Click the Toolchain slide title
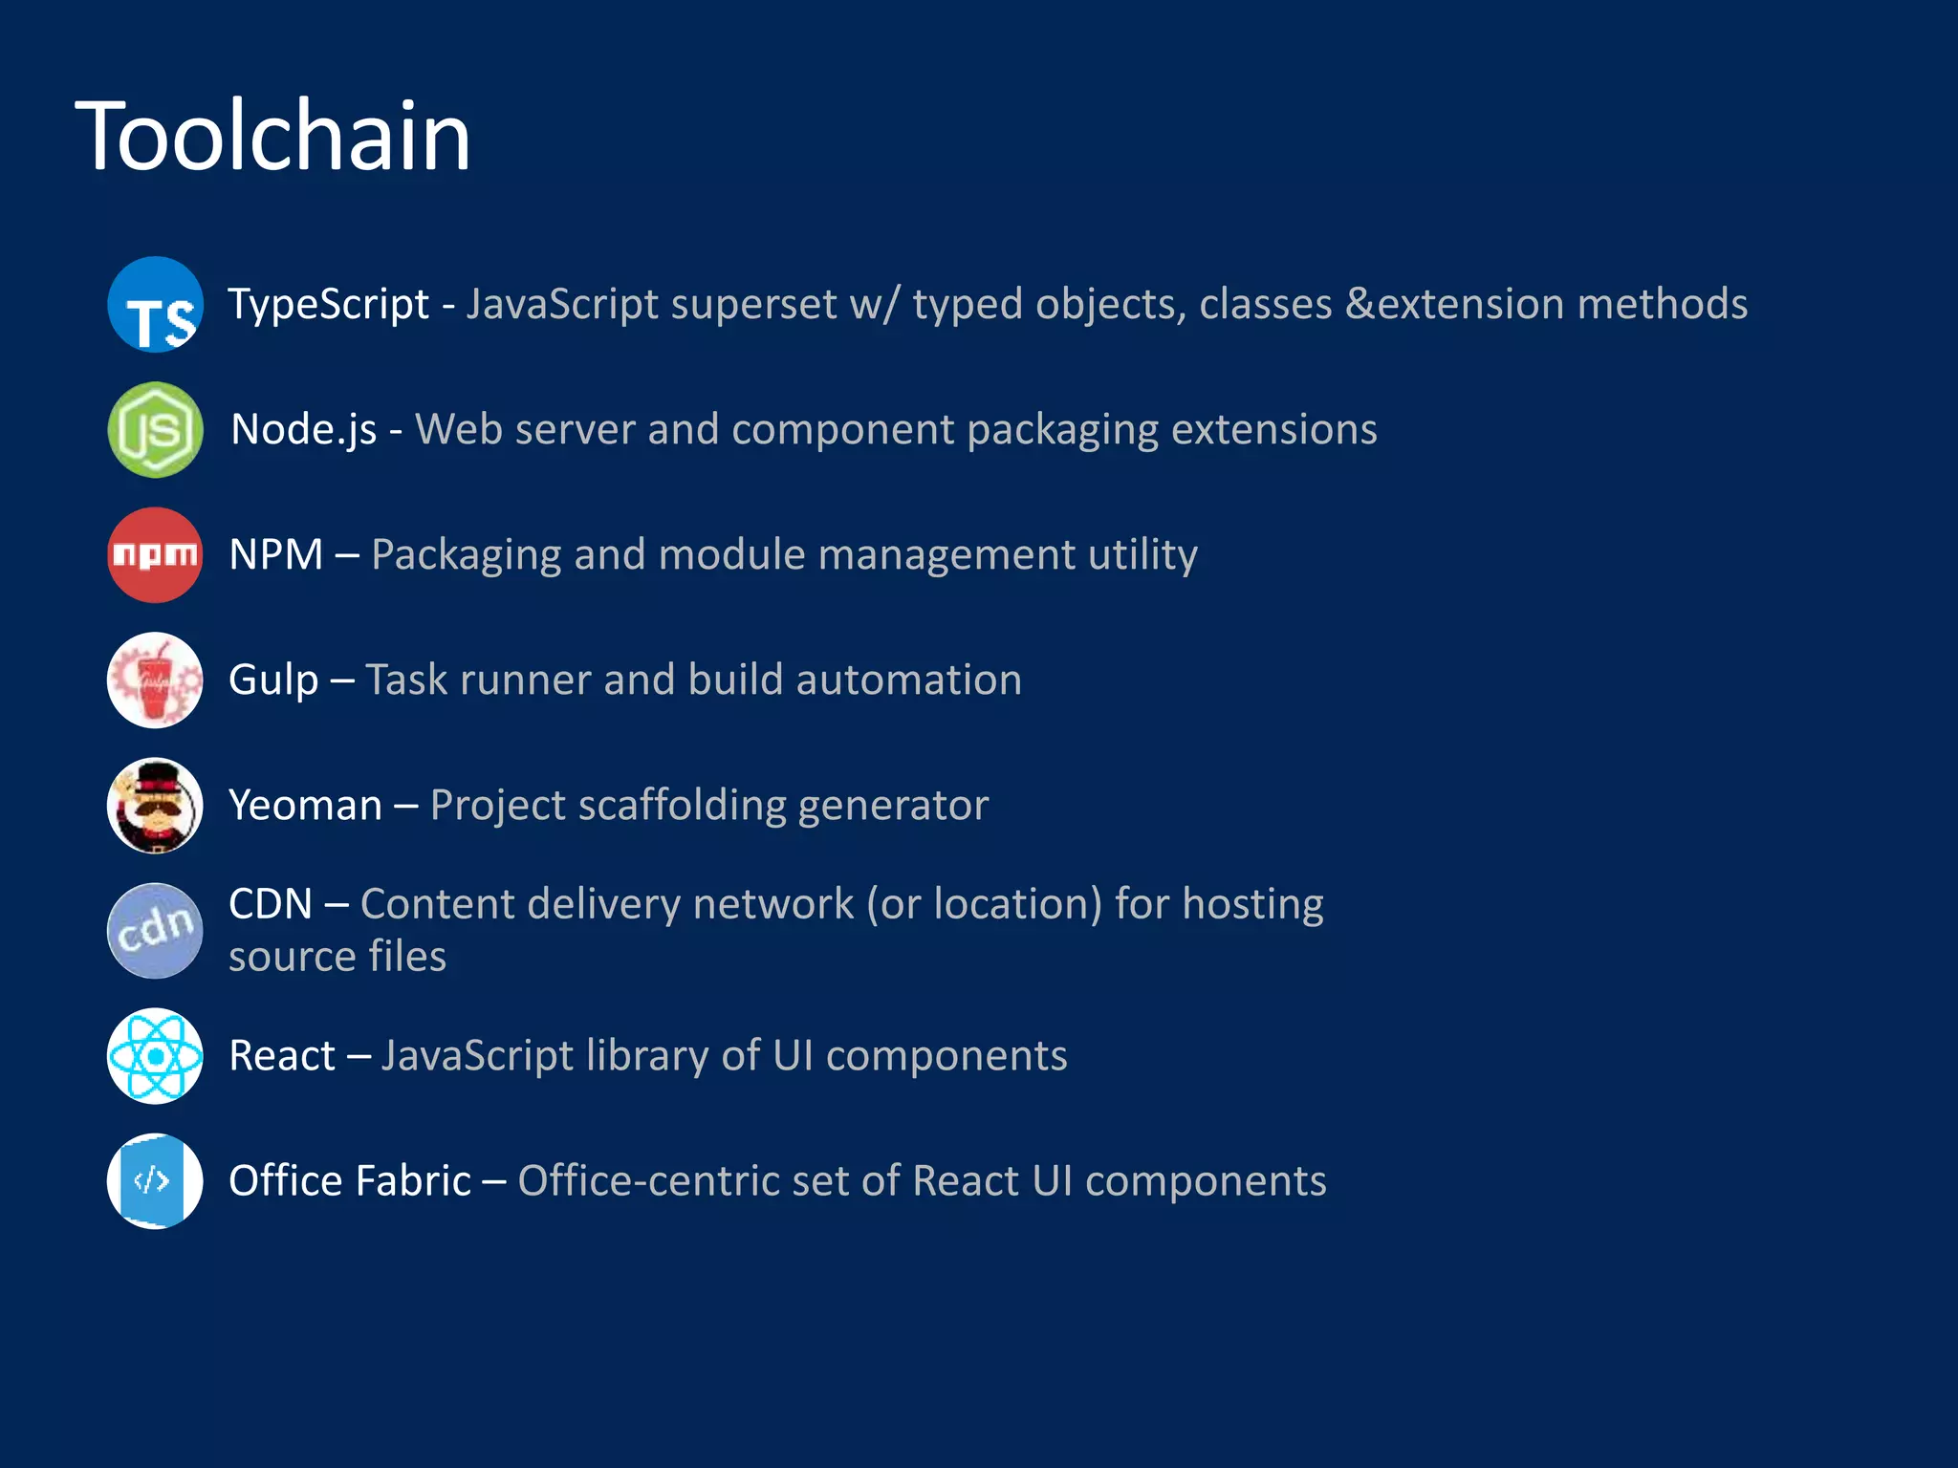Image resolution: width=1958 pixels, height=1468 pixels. pyautogui.click(x=272, y=137)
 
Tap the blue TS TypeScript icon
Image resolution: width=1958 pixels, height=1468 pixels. pyautogui.click(x=155, y=305)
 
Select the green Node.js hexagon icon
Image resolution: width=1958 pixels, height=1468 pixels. pyautogui.click(x=155, y=430)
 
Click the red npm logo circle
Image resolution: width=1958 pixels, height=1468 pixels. pyautogui.click(x=155, y=555)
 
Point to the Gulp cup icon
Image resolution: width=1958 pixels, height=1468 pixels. pyautogui.click(x=155, y=680)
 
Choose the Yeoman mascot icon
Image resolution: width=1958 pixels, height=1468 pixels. pyautogui.click(x=155, y=806)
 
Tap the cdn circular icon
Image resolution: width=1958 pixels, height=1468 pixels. pyautogui.click(x=155, y=931)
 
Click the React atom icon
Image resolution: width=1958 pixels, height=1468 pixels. pyautogui.click(x=155, y=1056)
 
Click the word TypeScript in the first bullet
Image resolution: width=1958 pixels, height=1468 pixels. pyautogui.click(x=328, y=305)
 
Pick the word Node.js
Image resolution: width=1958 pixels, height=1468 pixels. pyautogui.click(x=304, y=430)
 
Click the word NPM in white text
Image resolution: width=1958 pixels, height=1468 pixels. pyautogui.click(x=276, y=555)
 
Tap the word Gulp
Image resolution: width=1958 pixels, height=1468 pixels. pyautogui.click(x=273, y=680)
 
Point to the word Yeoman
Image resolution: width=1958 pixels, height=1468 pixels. pyautogui.click(x=305, y=806)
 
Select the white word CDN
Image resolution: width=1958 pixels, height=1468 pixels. pyautogui.click(x=271, y=904)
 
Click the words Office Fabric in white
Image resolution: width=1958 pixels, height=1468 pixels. pyautogui.click(x=350, y=1181)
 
